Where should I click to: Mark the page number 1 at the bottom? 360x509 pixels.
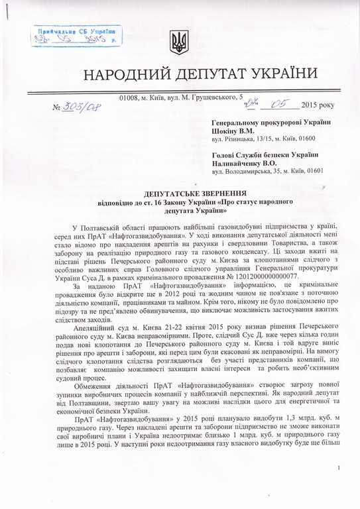[x=339, y=488]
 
